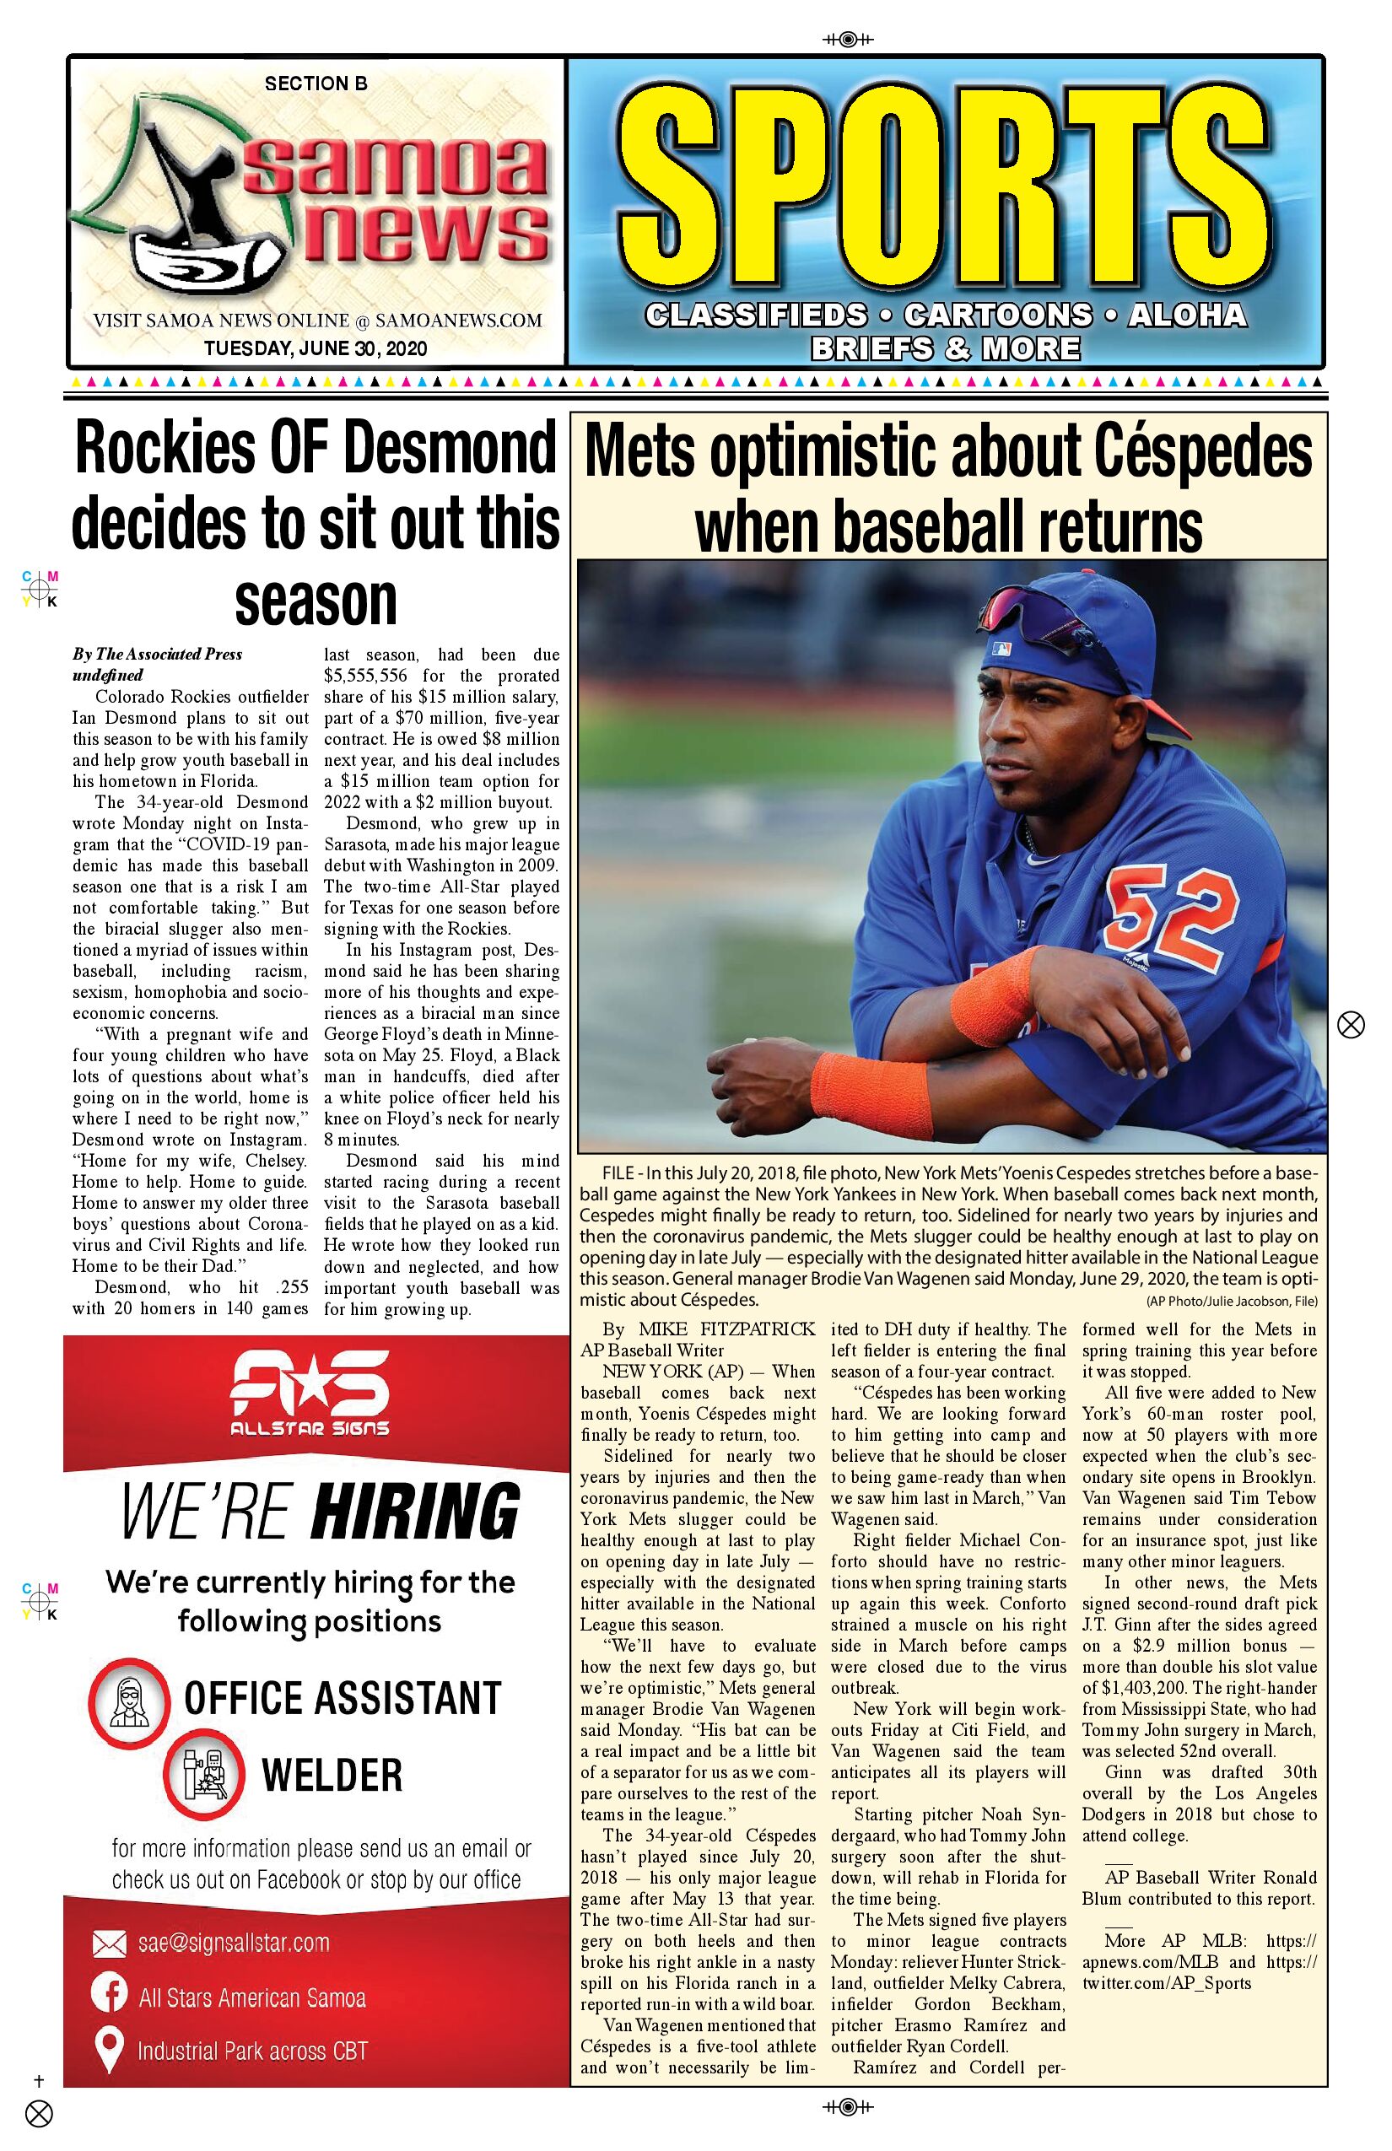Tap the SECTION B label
pyautogui.click(x=316, y=84)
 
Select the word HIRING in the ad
pyautogui.click(x=415, y=1513)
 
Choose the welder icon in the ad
pyautogui.click(x=205, y=1775)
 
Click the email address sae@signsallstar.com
pyautogui.click(x=233, y=1943)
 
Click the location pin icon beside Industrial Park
pyautogui.click(x=110, y=2048)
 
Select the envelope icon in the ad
pyautogui.click(x=110, y=1944)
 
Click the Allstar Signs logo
pyautogui.click(x=310, y=1393)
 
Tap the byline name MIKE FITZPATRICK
pyautogui.click(x=726, y=1329)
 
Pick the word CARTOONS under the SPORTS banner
pyautogui.click(x=998, y=315)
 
